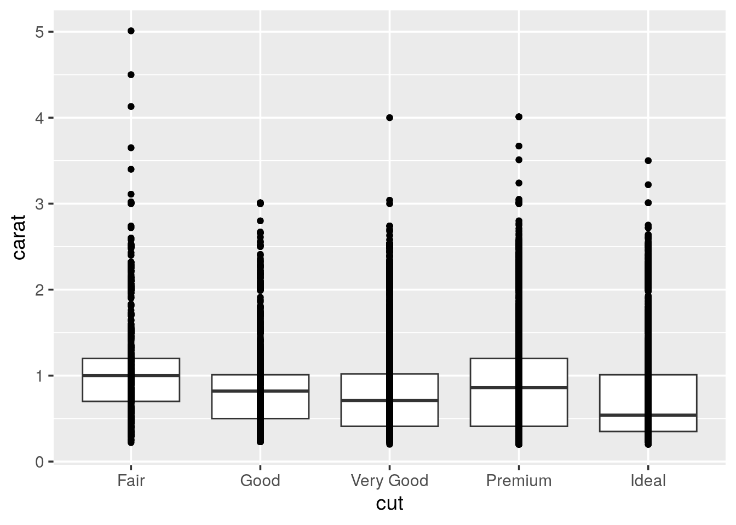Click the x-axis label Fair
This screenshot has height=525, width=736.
(131, 481)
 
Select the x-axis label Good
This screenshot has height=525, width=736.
(260, 481)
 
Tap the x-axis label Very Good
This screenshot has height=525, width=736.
(389, 481)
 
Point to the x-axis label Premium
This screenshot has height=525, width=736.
(519, 481)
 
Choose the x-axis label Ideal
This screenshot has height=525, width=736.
(648, 481)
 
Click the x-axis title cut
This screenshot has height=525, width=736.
(389, 503)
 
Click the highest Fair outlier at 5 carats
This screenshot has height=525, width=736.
(131, 31)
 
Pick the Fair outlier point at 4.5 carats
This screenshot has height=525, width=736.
(131, 74)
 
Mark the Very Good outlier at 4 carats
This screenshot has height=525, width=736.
(389, 118)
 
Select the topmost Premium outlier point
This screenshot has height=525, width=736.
(519, 116)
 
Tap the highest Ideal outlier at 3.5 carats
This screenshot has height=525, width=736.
(648, 161)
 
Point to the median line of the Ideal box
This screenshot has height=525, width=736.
(674, 415)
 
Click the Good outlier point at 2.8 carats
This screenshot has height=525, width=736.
(260, 221)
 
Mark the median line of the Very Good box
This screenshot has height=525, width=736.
(416, 400)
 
